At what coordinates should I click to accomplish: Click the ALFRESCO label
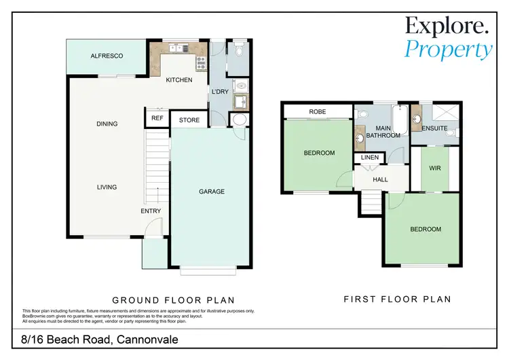point(107,56)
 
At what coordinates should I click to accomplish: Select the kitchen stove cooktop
point(200,64)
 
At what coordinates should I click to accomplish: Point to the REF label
point(157,118)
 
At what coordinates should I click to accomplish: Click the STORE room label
point(189,120)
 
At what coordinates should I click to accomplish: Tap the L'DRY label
point(219,91)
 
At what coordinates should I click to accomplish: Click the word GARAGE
point(211,192)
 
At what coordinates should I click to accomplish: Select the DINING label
point(107,124)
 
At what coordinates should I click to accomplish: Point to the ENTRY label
point(151,211)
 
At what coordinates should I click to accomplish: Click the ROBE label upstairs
point(318,111)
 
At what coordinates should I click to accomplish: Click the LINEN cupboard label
point(370,158)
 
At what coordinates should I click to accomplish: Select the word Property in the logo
point(448,49)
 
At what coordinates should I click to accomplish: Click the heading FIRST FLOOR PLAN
point(397,299)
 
